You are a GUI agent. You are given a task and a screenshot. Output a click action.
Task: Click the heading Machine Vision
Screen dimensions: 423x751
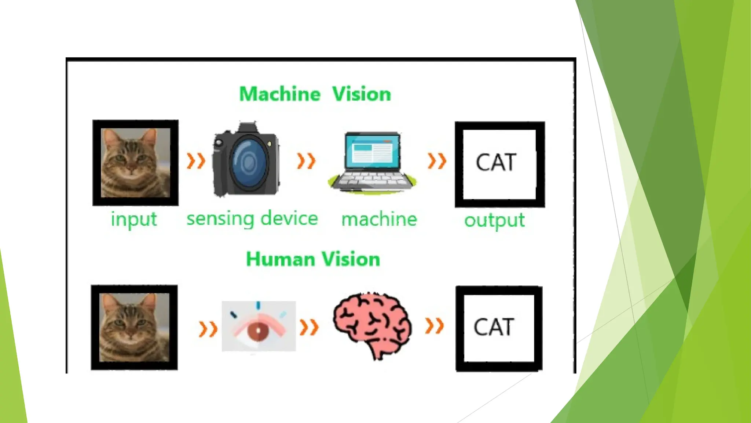pyautogui.click(x=315, y=94)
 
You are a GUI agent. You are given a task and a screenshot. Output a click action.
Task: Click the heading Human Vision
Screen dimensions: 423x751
pyautogui.click(x=313, y=259)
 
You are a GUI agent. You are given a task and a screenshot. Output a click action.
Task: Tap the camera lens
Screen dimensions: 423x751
pyautogui.click(x=249, y=161)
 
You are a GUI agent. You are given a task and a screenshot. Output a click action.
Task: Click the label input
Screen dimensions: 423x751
pyautogui.click(x=134, y=220)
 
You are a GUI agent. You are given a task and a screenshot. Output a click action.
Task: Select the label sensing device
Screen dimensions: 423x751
pyautogui.click(x=252, y=219)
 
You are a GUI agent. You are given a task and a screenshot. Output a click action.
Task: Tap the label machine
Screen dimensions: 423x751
pyautogui.click(x=379, y=220)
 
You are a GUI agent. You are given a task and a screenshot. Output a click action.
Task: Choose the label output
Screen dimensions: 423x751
pyautogui.click(x=494, y=220)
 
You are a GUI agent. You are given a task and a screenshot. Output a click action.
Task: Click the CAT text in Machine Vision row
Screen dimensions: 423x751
pyautogui.click(x=496, y=162)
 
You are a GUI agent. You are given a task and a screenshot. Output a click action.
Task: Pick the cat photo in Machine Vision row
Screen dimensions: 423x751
pyautogui.click(x=135, y=162)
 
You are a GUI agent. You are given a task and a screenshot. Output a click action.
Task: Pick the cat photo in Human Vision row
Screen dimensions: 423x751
pyautogui.click(x=134, y=327)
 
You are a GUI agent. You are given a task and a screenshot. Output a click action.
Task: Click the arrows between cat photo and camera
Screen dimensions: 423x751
pyautogui.click(x=196, y=161)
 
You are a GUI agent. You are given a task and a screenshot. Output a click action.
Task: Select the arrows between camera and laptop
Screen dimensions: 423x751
pyautogui.click(x=306, y=161)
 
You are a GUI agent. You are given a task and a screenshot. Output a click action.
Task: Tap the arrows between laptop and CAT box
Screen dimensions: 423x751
pyautogui.click(x=437, y=161)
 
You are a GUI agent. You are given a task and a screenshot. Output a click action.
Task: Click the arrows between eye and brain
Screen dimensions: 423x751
pyautogui.click(x=309, y=327)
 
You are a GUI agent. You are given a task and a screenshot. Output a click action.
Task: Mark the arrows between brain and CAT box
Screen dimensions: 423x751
pyautogui.click(x=435, y=326)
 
